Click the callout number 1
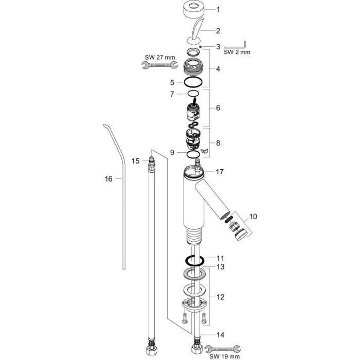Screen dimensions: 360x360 click(x=218, y=10)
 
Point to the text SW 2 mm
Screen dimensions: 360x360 click(x=237, y=52)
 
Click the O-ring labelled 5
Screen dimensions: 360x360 click(x=193, y=82)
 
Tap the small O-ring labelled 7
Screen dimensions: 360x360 click(x=193, y=94)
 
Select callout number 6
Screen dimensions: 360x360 click(x=218, y=108)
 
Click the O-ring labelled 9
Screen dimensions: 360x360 click(x=193, y=154)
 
